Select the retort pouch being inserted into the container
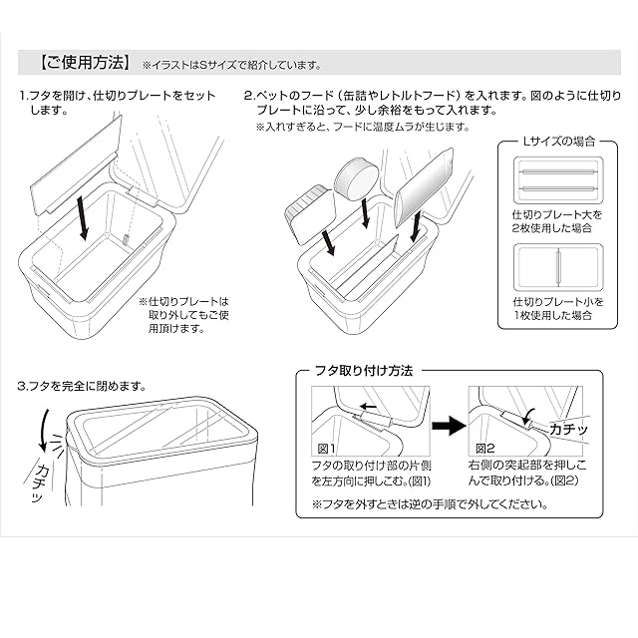click(x=425, y=190)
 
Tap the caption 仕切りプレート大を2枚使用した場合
click(x=559, y=222)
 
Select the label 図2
click(x=485, y=449)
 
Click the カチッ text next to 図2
click(x=568, y=429)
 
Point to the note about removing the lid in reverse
click(x=429, y=504)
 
